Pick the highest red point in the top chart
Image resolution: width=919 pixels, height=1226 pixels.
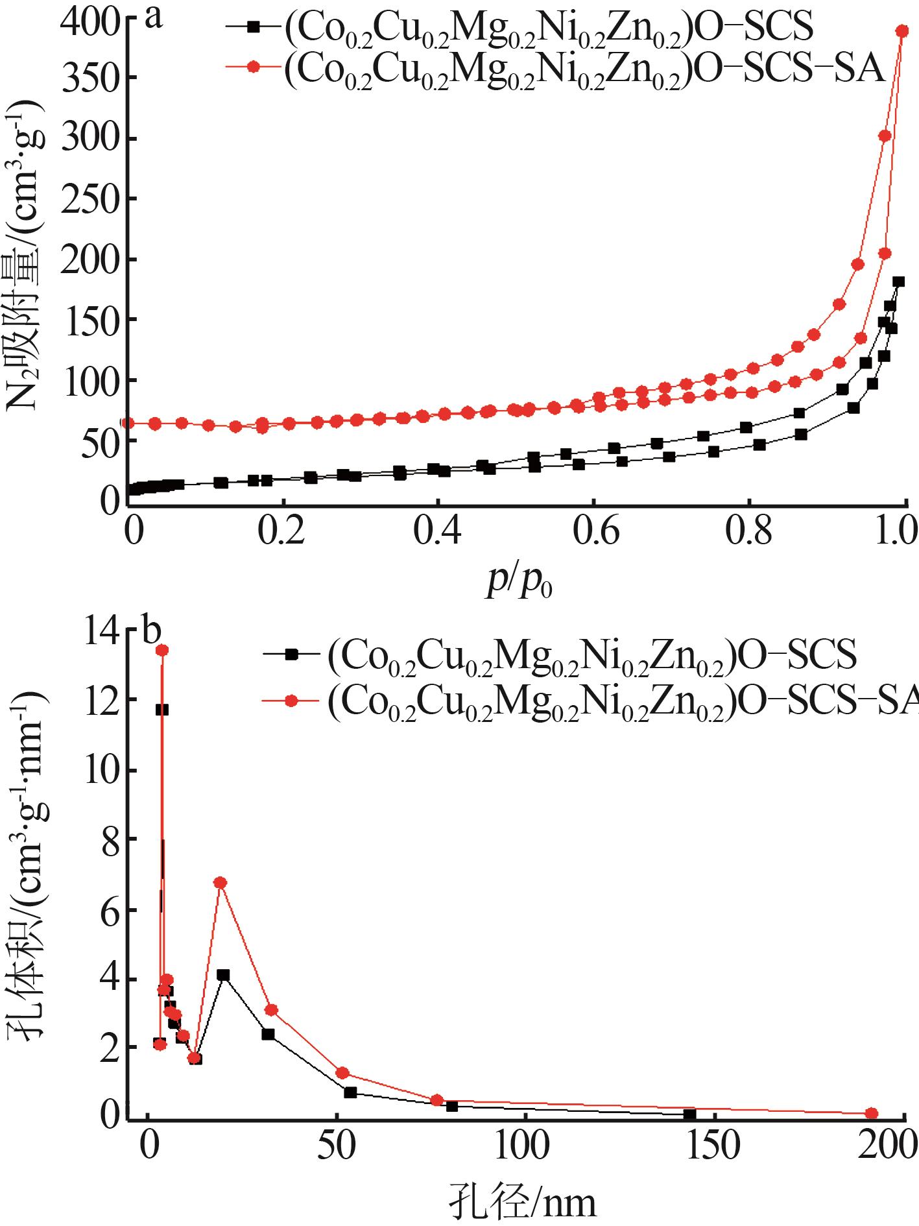901,31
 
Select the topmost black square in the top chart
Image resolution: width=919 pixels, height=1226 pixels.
898,282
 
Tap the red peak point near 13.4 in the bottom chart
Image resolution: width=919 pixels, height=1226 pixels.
162,651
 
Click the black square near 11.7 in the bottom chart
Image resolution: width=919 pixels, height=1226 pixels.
162,710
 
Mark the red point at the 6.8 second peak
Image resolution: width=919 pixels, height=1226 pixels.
221,882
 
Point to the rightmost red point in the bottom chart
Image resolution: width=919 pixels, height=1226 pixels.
872,1113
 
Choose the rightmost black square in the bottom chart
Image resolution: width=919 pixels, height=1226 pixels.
689,1114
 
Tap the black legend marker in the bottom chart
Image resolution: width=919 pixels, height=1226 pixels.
291,655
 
